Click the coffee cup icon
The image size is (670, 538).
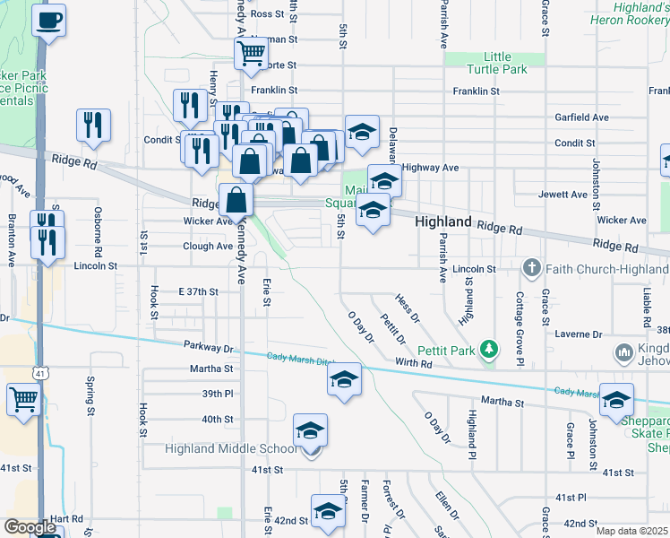(48, 18)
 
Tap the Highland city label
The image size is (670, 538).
(443, 221)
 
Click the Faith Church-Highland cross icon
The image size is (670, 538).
(531, 267)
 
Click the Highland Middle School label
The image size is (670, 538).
(231, 448)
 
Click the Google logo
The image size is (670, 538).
(30, 526)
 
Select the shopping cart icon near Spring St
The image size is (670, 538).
(23, 399)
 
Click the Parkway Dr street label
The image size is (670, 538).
(209, 347)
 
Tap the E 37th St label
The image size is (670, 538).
(198, 291)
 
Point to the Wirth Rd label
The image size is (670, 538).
(414, 364)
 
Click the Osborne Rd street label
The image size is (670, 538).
(98, 230)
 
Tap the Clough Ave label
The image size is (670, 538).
(207, 246)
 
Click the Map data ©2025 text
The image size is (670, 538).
(632, 531)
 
